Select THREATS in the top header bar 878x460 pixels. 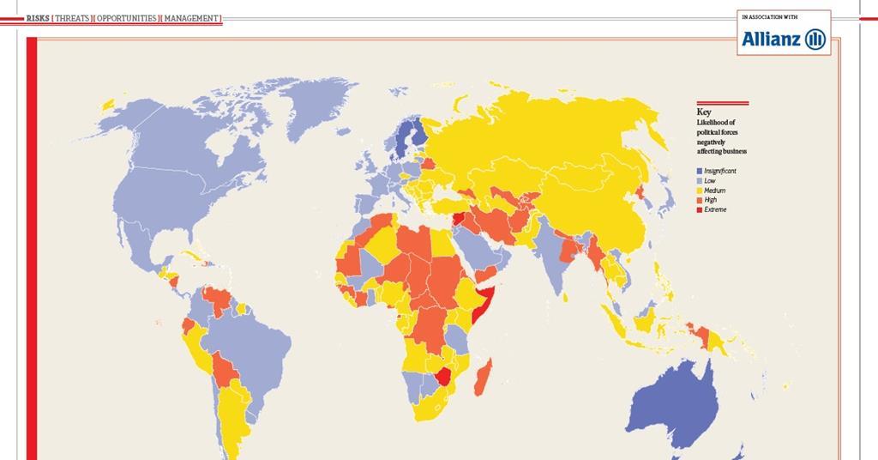pyautogui.click(x=73, y=18)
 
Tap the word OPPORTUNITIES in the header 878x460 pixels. pyautogui.click(x=126, y=18)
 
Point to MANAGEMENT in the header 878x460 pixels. pyautogui.click(x=192, y=18)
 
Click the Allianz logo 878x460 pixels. pyautogui.click(x=784, y=39)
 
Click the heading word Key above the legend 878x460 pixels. pyautogui.click(x=703, y=112)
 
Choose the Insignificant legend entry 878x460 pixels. pyautogui.click(x=719, y=171)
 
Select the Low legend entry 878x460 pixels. pyautogui.click(x=710, y=181)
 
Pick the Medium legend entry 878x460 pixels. pyautogui.click(x=714, y=191)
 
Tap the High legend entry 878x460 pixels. pyautogui.click(x=710, y=200)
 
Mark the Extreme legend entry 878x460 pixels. pyautogui.click(x=715, y=209)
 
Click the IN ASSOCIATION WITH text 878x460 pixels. pyautogui.click(x=769, y=16)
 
